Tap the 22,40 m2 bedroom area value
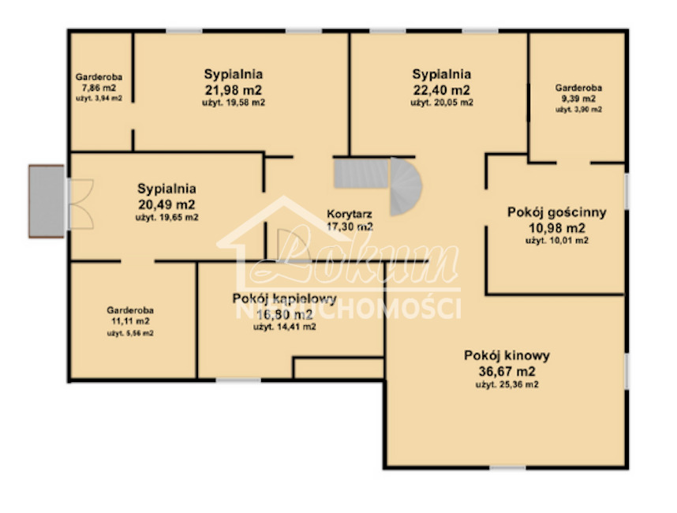[441, 89]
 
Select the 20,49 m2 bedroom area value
[166, 204]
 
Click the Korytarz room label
[350, 213]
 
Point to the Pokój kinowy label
[507, 355]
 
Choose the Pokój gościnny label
[556, 212]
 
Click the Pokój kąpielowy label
[284, 299]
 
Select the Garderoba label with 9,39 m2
[578, 88]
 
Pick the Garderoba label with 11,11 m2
[130, 310]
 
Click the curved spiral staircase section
[406, 187]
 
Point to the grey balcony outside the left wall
[46, 200]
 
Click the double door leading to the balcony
[80, 201]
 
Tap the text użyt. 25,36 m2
[507, 385]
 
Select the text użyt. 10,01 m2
[556, 240]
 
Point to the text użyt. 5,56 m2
[130, 333]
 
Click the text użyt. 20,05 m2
[441, 103]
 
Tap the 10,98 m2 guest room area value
[556, 227]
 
